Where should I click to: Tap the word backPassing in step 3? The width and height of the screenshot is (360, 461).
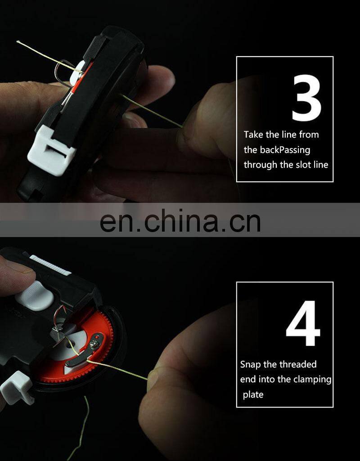(285, 150)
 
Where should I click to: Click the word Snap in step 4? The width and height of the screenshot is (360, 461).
(250, 365)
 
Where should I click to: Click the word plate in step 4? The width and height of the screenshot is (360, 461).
(253, 394)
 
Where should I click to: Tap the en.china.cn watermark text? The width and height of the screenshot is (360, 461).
(180, 220)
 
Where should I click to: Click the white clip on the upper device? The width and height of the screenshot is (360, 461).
(51, 150)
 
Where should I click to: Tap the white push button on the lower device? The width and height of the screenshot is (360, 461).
(35, 296)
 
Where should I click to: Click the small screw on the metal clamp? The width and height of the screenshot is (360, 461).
(94, 343)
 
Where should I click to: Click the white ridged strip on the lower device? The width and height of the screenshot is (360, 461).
(50, 265)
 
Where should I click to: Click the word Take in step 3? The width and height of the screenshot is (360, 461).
(253, 134)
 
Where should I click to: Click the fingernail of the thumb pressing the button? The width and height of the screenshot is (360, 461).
(23, 269)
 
